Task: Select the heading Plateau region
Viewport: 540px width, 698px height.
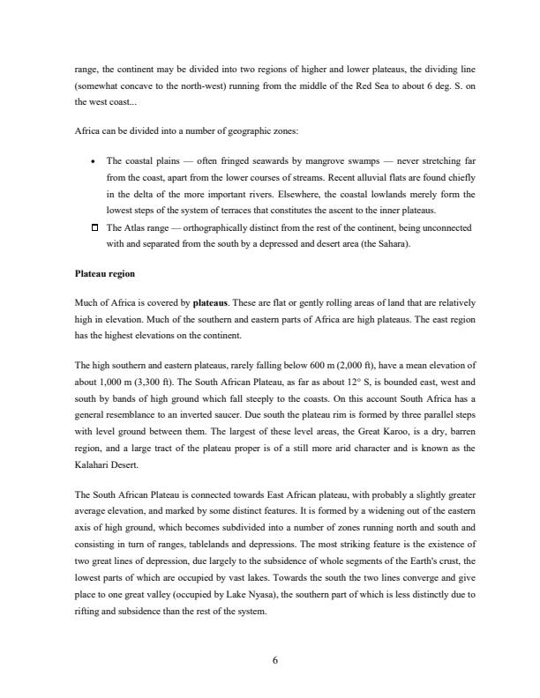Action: point(105,274)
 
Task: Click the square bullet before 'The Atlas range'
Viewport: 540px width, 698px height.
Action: point(94,228)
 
